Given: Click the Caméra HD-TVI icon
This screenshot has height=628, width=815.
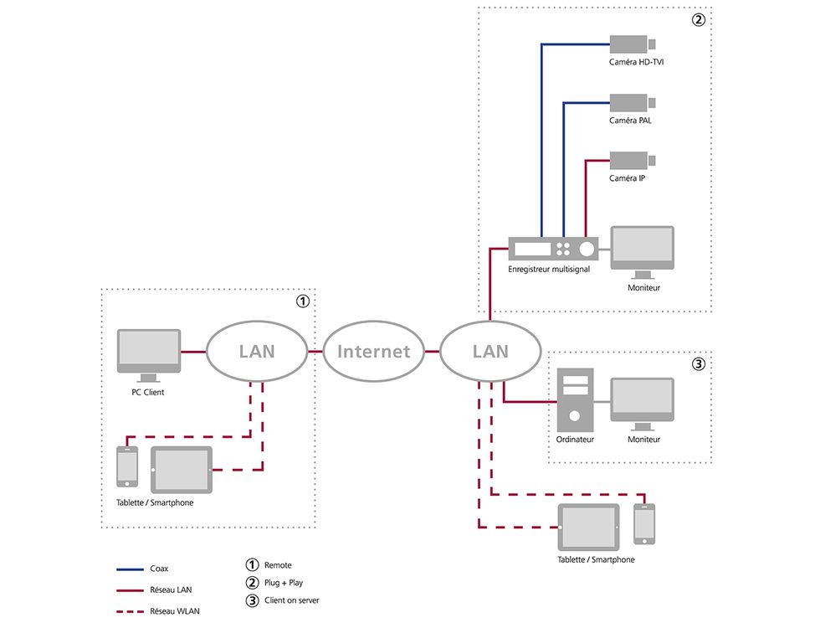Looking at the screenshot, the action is click(632, 44).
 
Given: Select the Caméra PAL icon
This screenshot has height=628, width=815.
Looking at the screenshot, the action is click(632, 102).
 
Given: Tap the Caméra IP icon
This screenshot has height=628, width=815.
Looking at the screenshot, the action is click(632, 161).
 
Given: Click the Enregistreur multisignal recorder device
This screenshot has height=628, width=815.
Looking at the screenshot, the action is click(553, 249).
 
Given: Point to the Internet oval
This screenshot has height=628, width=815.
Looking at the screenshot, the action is click(374, 351).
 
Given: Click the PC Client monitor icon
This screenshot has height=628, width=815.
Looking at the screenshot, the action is click(149, 355).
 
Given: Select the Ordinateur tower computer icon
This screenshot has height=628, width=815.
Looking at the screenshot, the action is click(575, 400).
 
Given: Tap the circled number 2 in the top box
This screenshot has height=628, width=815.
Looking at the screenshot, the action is click(699, 20).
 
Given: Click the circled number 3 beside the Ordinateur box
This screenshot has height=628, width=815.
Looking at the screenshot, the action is click(699, 363).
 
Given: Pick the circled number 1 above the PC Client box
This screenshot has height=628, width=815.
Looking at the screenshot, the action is click(303, 301).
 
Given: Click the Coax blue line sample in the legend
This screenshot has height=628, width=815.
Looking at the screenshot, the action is click(130, 569).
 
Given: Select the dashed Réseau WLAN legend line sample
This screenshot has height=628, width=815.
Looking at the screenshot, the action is click(130, 612).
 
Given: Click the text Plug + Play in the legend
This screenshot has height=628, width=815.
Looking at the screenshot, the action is click(284, 583).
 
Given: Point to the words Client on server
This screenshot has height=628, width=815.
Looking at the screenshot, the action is click(291, 600).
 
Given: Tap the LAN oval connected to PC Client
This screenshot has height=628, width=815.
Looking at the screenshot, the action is click(257, 351).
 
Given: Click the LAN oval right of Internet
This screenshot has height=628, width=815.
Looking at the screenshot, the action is click(490, 351).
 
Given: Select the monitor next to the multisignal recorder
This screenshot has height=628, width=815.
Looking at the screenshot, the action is click(643, 252).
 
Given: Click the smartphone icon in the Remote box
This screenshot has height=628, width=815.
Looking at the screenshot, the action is click(127, 466).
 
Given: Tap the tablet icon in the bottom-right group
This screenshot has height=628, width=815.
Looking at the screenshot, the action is click(588, 527).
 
